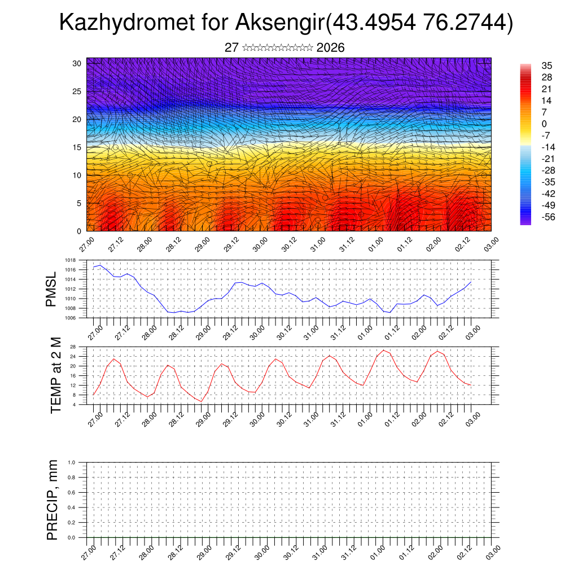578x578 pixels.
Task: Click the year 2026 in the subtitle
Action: pos(331,48)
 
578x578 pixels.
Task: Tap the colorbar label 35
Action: pos(546,65)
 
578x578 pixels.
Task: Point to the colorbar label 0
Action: pos(544,124)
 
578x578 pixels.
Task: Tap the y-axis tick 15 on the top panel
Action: pos(78,147)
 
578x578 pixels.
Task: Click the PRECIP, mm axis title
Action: pos(52,499)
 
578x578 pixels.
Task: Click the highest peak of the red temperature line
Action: pos(384,351)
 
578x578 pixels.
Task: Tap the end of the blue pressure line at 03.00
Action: pos(471,282)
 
